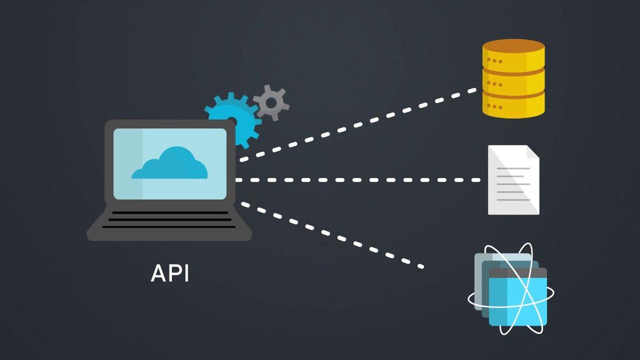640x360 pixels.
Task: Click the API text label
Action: pyautogui.click(x=170, y=273)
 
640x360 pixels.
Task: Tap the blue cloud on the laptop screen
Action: pyautogui.click(x=170, y=164)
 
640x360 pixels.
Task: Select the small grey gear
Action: pyautogui.click(x=271, y=102)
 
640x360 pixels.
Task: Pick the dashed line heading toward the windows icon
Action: pyautogui.click(x=331, y=234)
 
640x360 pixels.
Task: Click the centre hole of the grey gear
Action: pyautogui.click(x=271, y=102)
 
